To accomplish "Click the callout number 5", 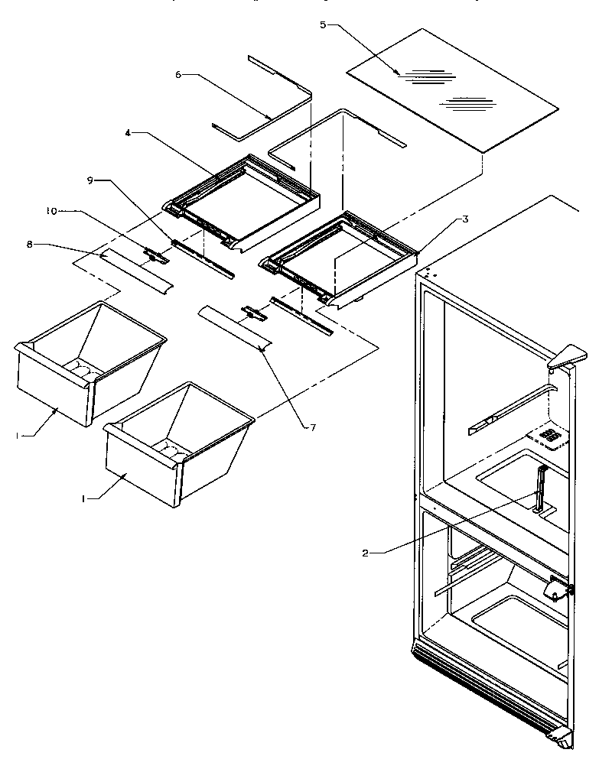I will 323,25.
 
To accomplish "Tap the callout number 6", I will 177,75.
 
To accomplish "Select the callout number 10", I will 50,211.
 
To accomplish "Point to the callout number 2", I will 366,552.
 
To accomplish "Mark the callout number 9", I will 90,181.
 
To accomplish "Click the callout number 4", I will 129,133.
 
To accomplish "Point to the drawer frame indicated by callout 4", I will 241,203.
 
